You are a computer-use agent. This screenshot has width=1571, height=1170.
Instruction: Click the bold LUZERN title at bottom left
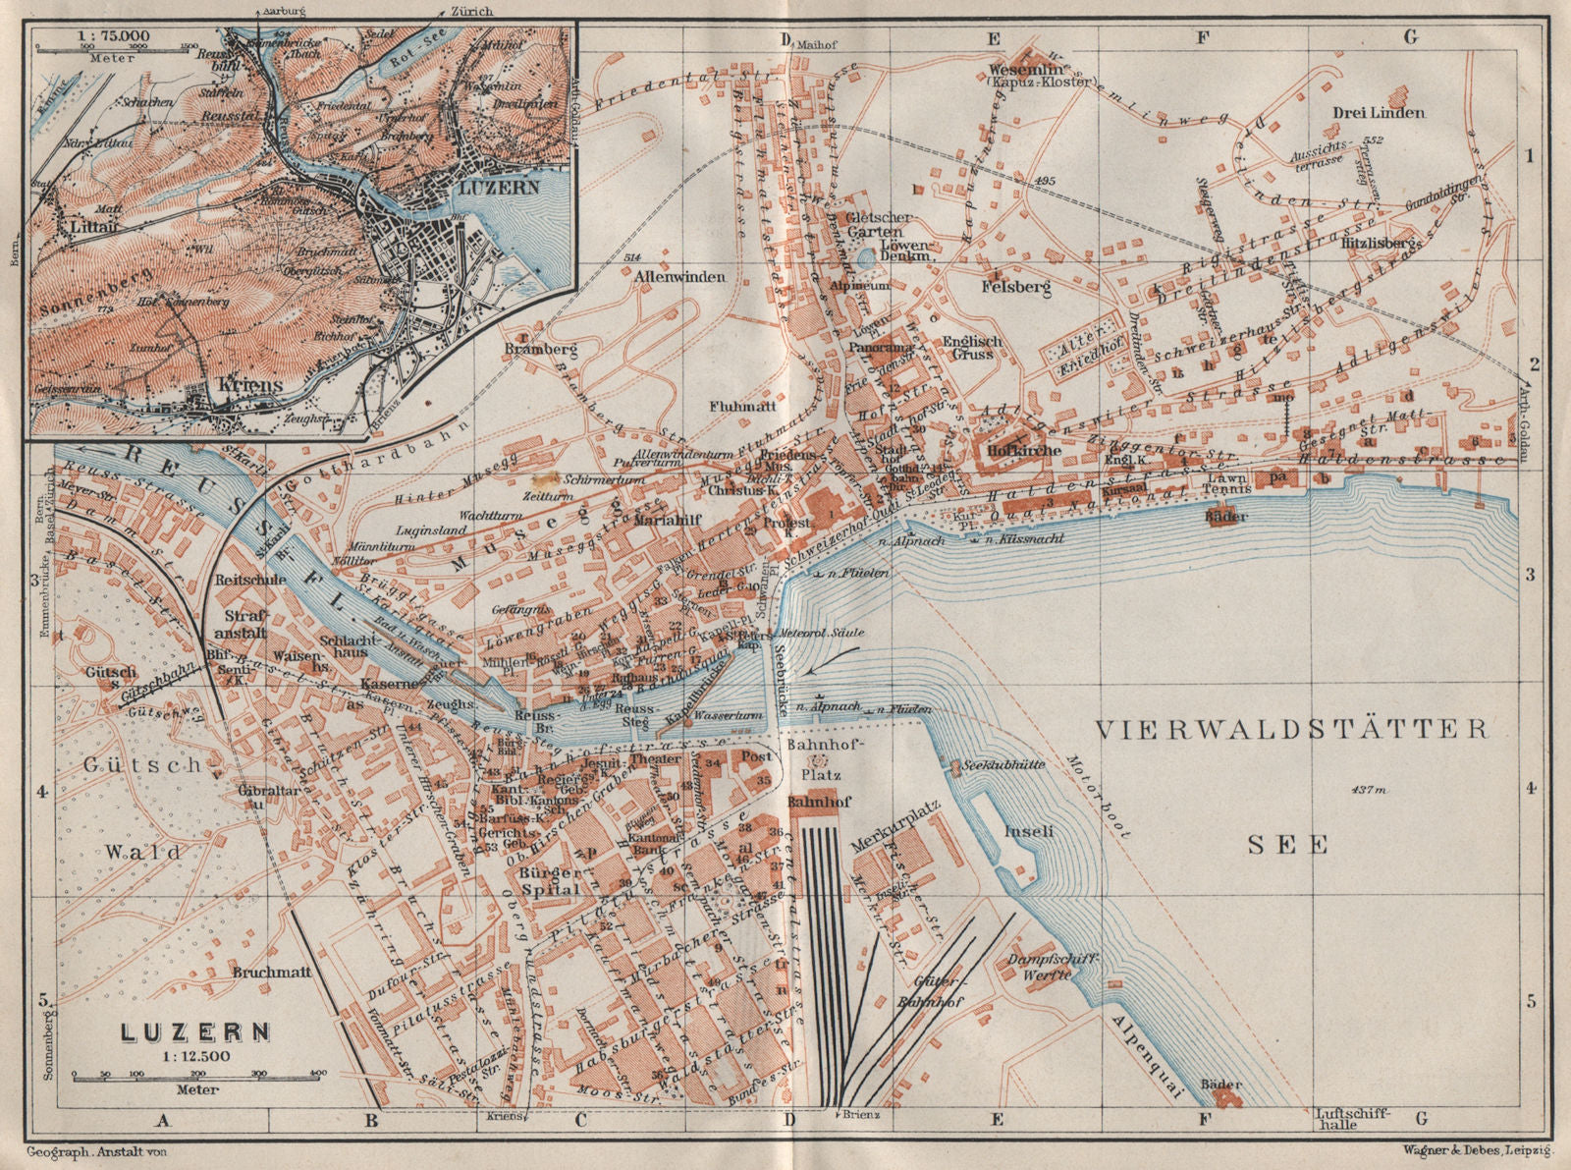[195, 1032]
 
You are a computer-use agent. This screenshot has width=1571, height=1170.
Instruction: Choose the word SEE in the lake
[1288, 844]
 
